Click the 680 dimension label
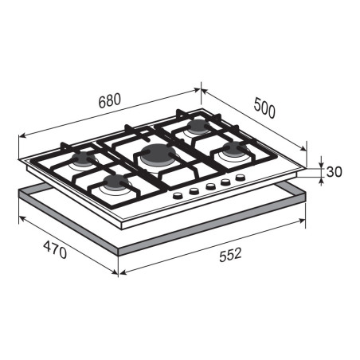110,100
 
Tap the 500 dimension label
264,108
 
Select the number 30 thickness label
334,171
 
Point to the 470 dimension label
55,249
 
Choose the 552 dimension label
230,255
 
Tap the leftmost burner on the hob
83,160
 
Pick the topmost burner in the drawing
198,127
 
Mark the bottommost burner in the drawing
116,185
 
